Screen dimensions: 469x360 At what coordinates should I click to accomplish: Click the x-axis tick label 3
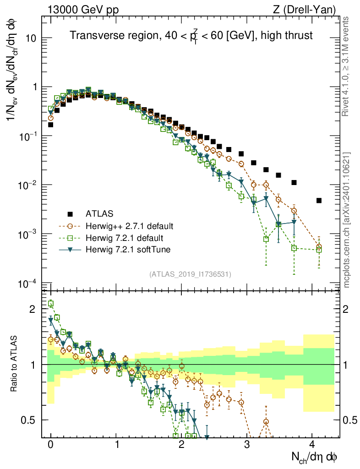[x=246, y=445]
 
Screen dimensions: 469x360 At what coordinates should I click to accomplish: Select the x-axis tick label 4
[x=312, y=445]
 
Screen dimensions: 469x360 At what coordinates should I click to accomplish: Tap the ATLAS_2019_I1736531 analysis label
[x=190, y=274]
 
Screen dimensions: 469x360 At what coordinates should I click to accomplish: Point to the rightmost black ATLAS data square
[x=319, y=201]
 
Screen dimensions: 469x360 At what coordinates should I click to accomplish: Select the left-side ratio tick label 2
[x=33, y=309]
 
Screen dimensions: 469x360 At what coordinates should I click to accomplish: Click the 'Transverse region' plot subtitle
[x=191, y=35]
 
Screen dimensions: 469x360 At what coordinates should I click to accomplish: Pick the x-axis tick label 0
[x=50, y=445]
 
